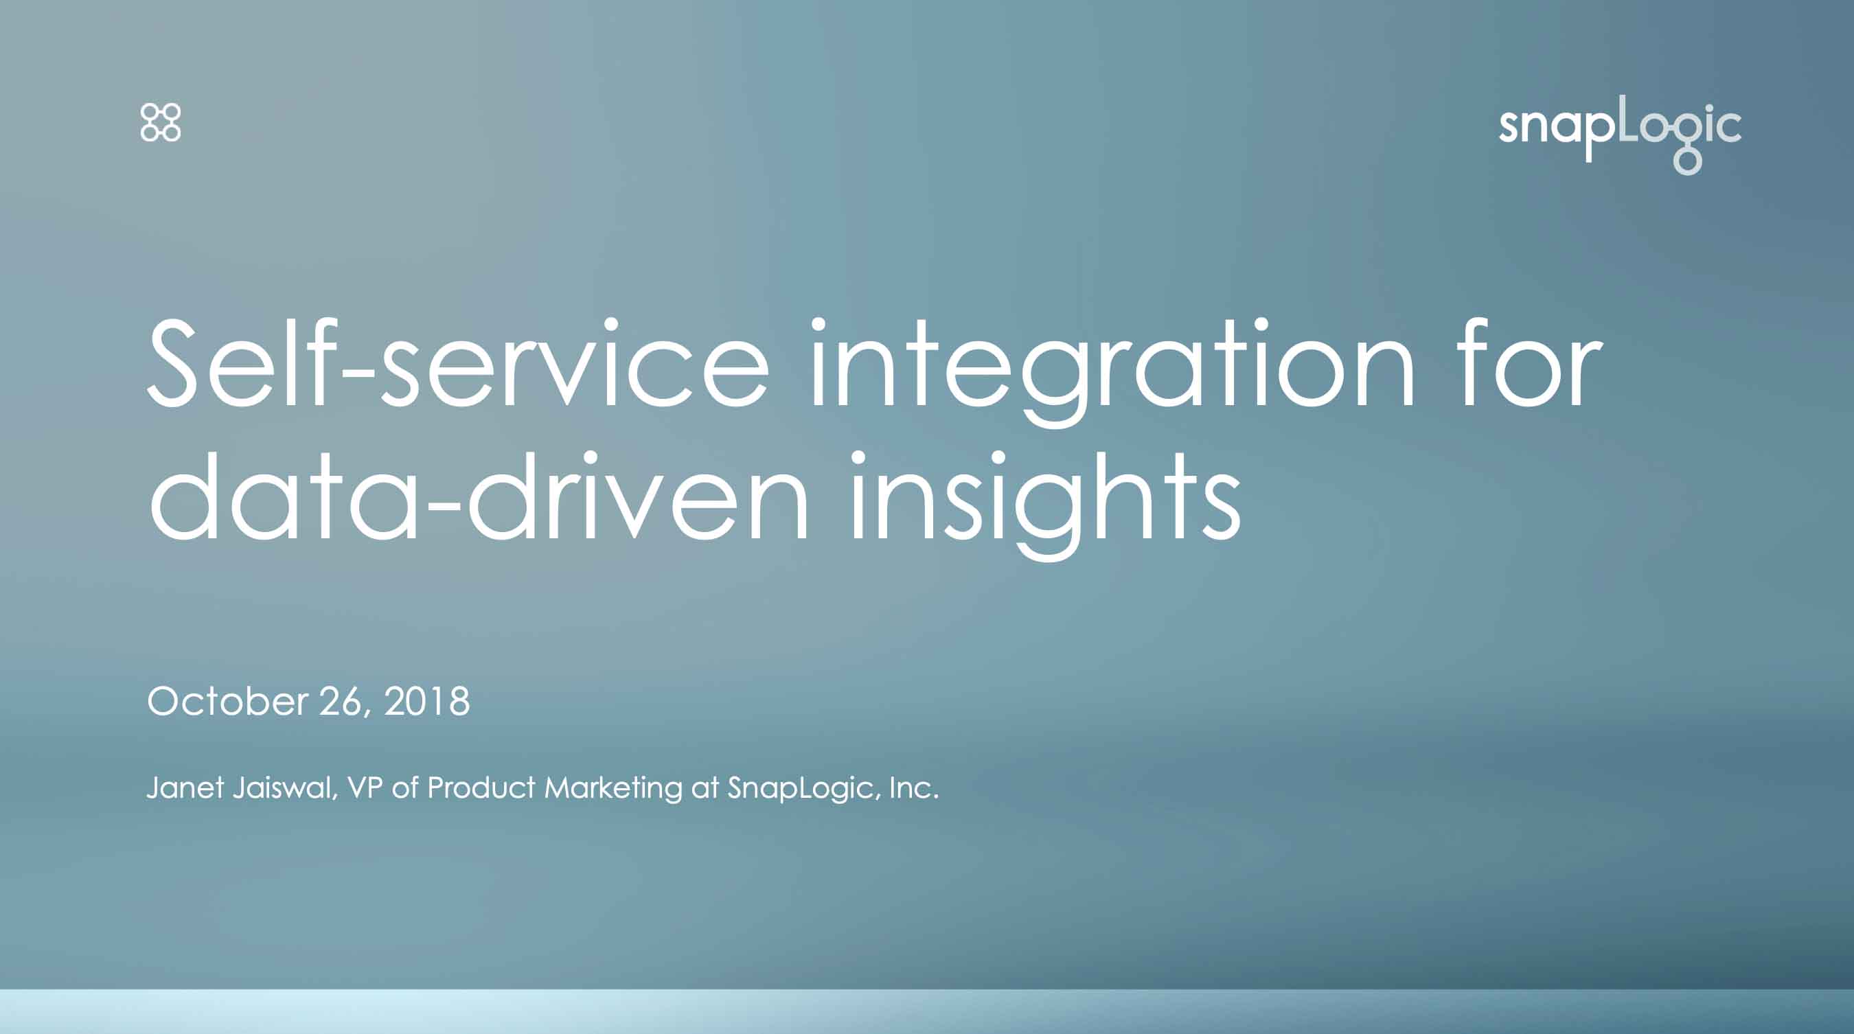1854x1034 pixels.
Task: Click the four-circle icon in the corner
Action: point(161,122)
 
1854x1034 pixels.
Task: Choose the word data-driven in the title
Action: point(479,496)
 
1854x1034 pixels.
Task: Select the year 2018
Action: point(427,701)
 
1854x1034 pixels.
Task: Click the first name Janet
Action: point(185,788)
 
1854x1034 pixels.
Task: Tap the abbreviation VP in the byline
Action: point(364,788)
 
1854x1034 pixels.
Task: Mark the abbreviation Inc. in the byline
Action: point(914,788)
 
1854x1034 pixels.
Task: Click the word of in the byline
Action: point(405,788)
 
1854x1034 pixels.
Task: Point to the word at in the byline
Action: point(705,789)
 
